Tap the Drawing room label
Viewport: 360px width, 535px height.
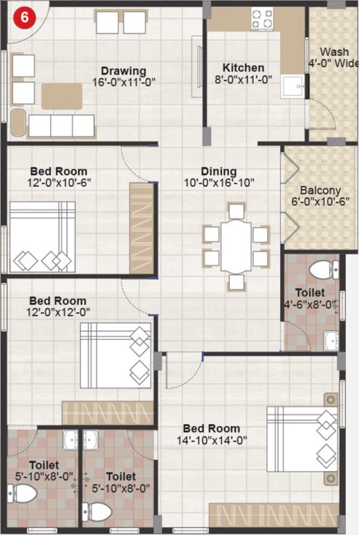pyautogui.click(x=123, y=70)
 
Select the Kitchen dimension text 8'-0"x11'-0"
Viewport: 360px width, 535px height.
pyautogui.click(x=243, y=79)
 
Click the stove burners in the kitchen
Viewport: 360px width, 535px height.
pyautogui.click(x=263, y=19)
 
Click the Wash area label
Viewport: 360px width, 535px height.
pyautogui.click(x=334, y=52)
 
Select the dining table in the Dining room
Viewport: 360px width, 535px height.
pyautogui.click(x=236, y=246)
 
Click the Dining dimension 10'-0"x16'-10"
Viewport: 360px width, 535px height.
pyautogui.click(x=219, y=183)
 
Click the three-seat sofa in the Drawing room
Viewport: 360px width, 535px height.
pyautogui.click(x=61, y=126)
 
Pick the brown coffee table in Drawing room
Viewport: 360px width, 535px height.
pyautogui.click(x=62, y=96)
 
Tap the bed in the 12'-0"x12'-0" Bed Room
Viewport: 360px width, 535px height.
pyautogui.click(x=116, y=355)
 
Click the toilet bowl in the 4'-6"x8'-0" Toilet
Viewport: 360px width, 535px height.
pyautogui.click(x=322, y=270)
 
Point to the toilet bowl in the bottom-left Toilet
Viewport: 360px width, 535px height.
pyautogui.click(x=24, y=494)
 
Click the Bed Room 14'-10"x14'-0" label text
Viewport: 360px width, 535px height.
pyautogui.click(x=211, y=428)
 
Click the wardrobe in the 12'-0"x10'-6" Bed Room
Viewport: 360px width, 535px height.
pyautogui.click(x=141, y=228)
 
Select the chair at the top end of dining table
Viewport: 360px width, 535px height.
pyautogui.click(x=237, y=210)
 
